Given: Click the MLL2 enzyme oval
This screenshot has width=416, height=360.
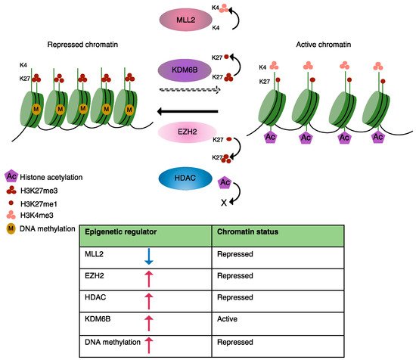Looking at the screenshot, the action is (x=186, y=20).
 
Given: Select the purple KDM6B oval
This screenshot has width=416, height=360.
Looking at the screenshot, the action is (x=185, y=70).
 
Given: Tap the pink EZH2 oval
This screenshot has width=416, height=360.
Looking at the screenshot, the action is (x=188, y=132).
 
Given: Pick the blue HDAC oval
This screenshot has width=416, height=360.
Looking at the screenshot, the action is (x=185, y=178).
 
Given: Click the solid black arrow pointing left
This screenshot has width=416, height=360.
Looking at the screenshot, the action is (x=188, y=111).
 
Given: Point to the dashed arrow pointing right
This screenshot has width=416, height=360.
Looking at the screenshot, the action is (x=190, y=90).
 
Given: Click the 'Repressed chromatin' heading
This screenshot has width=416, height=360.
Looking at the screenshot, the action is (x=82, y=45).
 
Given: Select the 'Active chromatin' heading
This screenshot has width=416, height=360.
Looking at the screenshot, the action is (x=324, y=45).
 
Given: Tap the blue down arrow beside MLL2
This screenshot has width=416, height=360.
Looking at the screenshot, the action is (x=149, y=256).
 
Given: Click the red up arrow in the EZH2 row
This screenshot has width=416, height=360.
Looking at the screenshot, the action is (x=149, y=279).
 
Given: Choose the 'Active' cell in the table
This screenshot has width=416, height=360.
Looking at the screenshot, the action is (x=227, y=319).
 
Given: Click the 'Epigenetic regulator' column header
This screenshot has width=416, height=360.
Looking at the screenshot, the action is (x=121, y=232).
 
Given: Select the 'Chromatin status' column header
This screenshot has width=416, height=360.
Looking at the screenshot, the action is (x=248, y=232).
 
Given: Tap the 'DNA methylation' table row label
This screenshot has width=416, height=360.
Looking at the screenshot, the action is (x=113, y=342).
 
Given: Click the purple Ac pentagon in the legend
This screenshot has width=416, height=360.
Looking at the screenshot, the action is (x=11, y=176).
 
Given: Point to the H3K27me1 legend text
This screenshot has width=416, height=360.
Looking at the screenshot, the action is (x=39, y=204).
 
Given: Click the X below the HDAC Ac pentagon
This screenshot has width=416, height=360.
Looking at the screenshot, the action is (x=224, y=203).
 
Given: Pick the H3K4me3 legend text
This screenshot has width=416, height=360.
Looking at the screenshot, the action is (x=37, y=215).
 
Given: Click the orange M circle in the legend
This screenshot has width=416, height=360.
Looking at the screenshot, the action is (x=11, y=228).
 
